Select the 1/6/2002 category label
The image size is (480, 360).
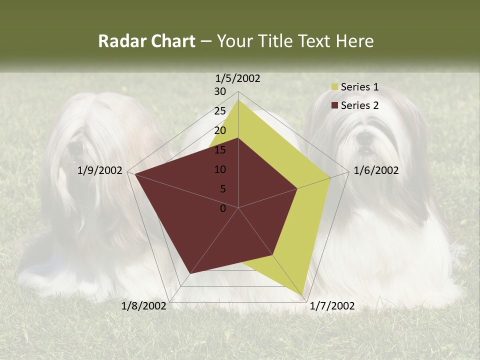(376, 170)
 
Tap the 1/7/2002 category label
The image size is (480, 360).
(332, 306)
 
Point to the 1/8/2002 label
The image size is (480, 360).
(144, 306)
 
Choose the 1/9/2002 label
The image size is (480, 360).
(100, 170)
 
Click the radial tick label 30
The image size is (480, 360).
(220, 91)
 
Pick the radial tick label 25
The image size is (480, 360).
(220, 111)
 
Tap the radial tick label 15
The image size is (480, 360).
(220, 150)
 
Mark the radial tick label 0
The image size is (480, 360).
(223, 208)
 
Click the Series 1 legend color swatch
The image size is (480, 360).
(334, 87)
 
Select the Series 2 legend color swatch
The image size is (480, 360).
(334, 105)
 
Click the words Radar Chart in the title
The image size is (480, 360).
(146, 41)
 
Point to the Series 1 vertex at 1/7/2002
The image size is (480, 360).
(303, 295)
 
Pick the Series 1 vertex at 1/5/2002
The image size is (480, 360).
(238, 100)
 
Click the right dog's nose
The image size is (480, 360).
(365, 135)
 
